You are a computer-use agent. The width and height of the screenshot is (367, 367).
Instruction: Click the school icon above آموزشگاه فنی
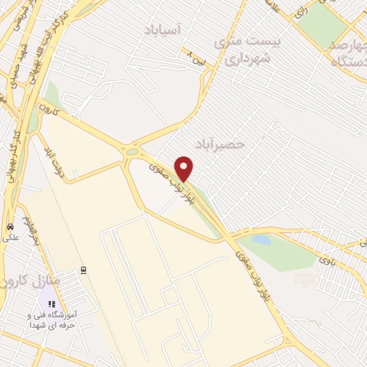51,304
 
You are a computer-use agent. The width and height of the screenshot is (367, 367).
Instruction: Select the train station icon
84,270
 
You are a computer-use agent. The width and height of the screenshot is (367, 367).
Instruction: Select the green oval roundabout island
131,151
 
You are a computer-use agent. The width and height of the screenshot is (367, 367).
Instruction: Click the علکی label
11,237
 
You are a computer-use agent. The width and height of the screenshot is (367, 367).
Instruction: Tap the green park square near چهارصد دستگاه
320,22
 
